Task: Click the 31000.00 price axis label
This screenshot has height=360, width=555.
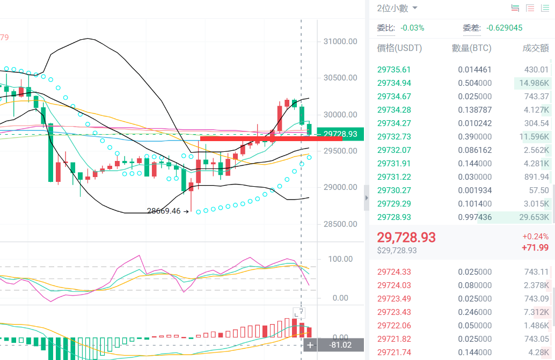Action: pyautogui.click(x=340, y=41)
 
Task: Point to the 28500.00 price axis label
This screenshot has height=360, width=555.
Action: pyautogui.click(x=340, y=224)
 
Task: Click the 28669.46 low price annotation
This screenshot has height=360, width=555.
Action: pyautogui.click(x=164, y=211)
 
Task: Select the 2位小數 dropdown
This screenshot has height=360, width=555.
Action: pyautogui.click(x=397, y=9)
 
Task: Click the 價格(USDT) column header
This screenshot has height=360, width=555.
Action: pyautogui.click(x=399, y=48)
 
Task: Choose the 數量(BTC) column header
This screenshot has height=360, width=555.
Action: pyautogui.click(x=471, y=48)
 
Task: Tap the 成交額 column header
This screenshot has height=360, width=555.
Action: pyautogui.click(x=536, y=48)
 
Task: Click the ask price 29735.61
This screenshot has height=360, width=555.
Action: pyautogui.click(x=394, y=70)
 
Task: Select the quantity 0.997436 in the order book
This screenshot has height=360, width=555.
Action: pyautogui.click(x=474, y=217)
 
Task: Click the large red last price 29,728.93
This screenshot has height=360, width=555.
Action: pyautogui.click(x=406, y=238)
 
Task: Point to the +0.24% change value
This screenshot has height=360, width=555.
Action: pyautogui.click(x=535, y=237)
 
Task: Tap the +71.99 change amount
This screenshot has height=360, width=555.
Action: pyautogui.click(x=535, y=247)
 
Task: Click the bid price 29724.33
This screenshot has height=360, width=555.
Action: pyautogui.click(x=394, y=272)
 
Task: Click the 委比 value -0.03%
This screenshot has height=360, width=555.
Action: pyautogui.click(x=412, y=28)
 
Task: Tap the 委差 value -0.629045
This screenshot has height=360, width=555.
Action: pyautogui.click(x=504, y=28)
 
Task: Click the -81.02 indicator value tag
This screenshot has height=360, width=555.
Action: pyautogui.click(x=340, y=345)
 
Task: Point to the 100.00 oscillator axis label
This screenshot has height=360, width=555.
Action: pyautogui.click(x=340, y=259)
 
